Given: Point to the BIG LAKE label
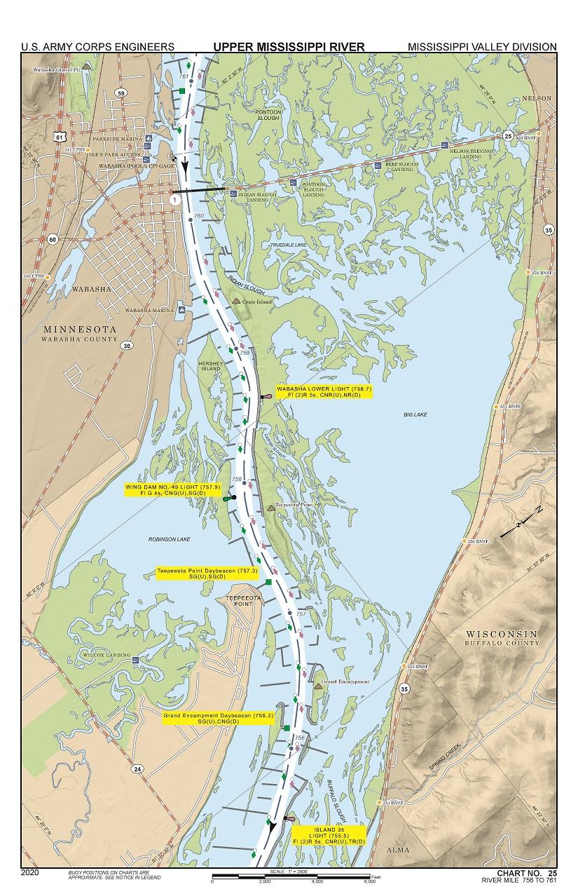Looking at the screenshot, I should click(x=415, y=415).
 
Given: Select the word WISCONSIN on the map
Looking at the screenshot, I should click(x=502, y=634).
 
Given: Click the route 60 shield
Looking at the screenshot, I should click(x=53, y=239).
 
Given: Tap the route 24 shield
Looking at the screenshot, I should click(x=137, y=769).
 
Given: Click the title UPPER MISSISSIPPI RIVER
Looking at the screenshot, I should click(x=289, y=47).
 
